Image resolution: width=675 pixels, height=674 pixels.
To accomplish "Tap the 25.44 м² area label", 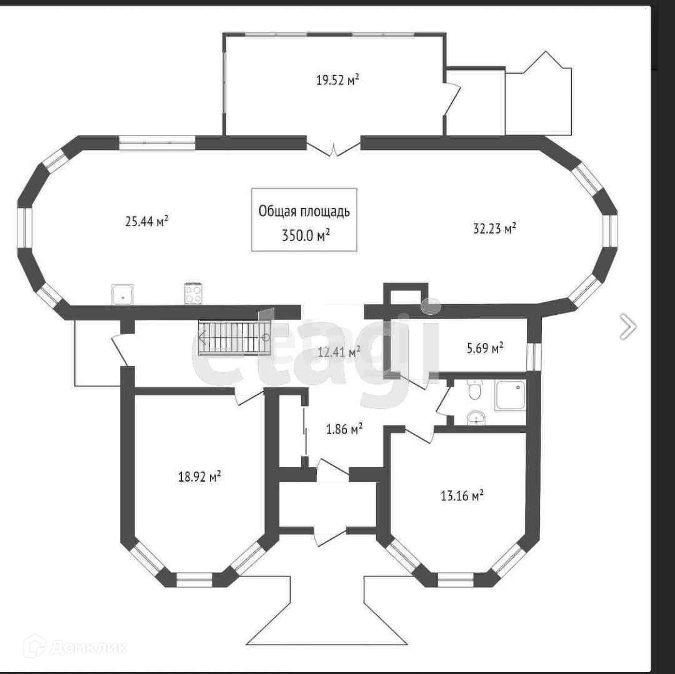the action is pos(147,221).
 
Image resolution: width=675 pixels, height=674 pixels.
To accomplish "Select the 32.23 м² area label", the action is pos(494,229).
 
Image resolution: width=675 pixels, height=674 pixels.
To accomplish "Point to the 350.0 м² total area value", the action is pos(304,234).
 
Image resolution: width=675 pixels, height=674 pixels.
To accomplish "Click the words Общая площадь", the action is pos(304,211).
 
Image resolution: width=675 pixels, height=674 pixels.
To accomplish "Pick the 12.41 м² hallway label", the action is pos(339,352).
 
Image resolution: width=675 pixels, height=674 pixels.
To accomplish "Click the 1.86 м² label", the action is pos(344,429).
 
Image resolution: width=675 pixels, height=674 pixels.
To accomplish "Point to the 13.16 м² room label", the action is pos(462,497).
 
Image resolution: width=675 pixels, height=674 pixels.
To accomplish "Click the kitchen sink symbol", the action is pos(123,294).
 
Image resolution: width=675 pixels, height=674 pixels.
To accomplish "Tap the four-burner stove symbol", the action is pos(193,294).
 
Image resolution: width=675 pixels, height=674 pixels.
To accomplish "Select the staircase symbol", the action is pos(234,338).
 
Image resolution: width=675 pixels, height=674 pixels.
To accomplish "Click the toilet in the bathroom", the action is pos(475,390).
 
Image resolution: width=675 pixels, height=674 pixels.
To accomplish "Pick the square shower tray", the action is pos(510,395).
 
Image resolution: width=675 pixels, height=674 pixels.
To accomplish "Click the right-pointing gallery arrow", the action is pos(628,326).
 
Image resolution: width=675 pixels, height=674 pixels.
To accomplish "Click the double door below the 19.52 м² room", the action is pos(334,149).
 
